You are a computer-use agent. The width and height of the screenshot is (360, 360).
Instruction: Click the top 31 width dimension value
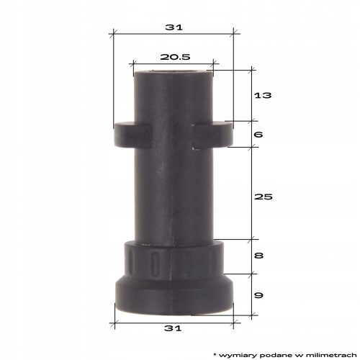(174, 27)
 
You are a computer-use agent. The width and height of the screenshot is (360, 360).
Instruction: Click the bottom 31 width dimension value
(173, 328)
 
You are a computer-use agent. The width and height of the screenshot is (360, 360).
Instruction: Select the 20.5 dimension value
(175, 57)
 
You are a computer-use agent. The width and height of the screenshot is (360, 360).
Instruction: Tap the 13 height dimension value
(263, 95)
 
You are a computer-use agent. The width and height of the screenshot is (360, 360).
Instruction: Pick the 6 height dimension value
(258, 135)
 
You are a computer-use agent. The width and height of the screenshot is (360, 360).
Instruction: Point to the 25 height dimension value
(264, 197)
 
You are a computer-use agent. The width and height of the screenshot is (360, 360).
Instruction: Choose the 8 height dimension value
(258, 256)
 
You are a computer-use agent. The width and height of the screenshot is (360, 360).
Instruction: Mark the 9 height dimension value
(258, 295)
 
